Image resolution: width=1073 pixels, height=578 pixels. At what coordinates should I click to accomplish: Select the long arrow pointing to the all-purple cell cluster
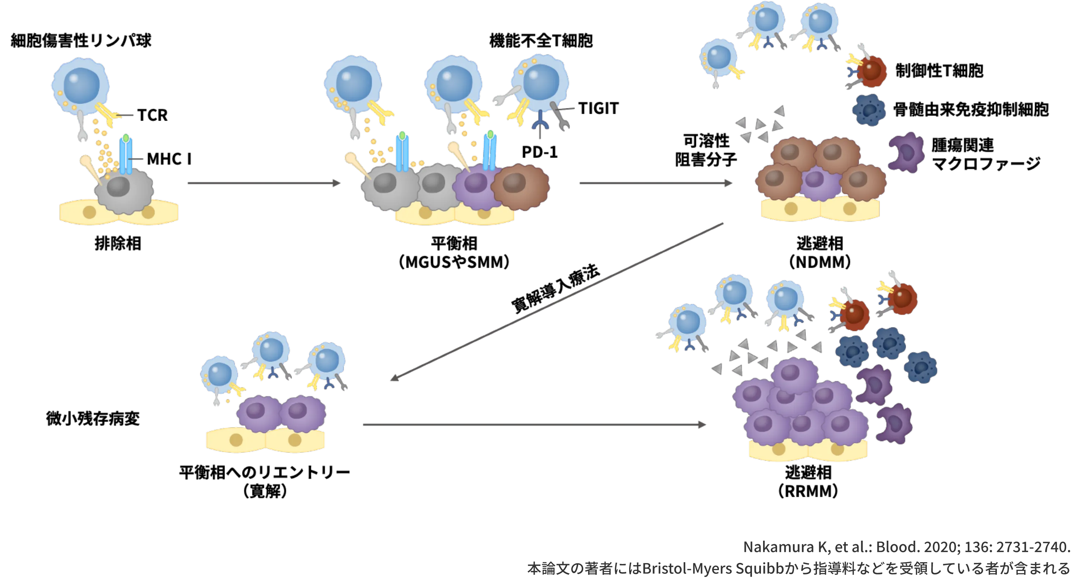[x=534, y=425]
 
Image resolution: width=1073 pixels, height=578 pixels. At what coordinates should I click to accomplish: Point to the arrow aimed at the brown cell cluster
[x=655, y=184]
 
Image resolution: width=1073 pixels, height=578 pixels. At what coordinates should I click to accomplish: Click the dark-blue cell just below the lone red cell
[x=869, y=109]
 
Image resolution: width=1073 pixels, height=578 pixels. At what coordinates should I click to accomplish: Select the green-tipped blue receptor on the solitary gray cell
[x=125, y=154]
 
